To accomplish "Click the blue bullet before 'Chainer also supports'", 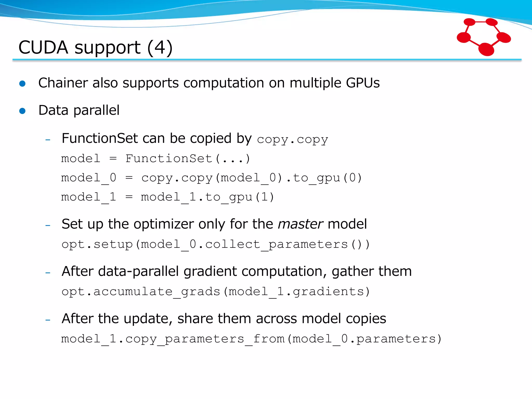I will click(x=23, y=83).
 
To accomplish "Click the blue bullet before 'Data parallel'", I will click(x=23, y=111).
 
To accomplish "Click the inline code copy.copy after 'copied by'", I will click(x=292, y=139).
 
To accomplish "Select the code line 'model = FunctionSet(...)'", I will click(x=155, y=158).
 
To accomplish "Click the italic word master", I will click(x=300, y=224).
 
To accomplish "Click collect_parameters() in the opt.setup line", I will click(x=287, y=244).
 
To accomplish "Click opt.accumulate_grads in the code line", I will click(x=141, y=291).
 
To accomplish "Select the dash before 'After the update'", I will click(x=48, y=320).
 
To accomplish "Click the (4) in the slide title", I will click(x=160, y=48).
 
